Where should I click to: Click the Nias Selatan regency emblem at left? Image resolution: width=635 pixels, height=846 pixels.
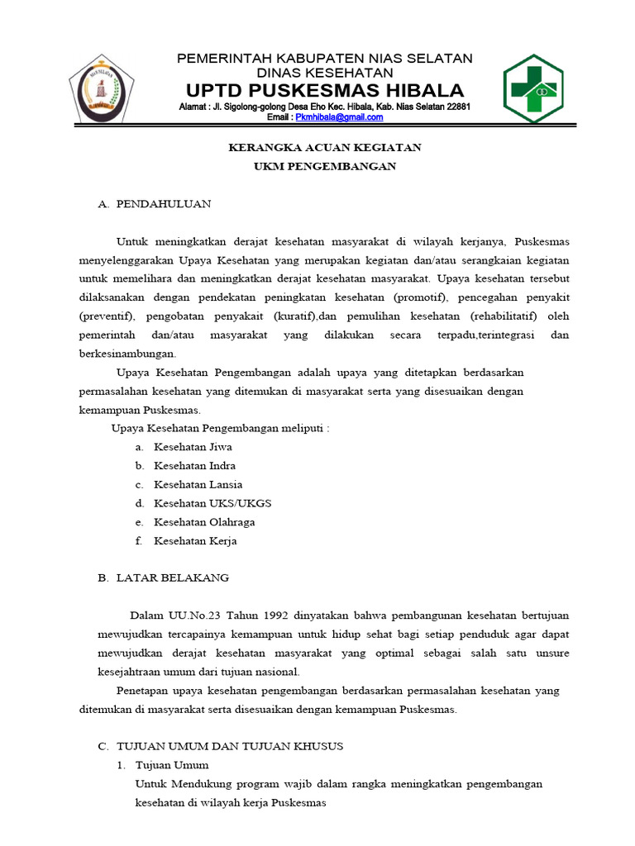[101, 88]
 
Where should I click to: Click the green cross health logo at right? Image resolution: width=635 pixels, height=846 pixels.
[533, 88]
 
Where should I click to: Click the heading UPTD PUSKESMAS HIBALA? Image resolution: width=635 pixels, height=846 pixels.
[325, 89]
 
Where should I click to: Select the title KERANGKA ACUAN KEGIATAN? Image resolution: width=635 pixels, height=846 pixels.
[325, 147]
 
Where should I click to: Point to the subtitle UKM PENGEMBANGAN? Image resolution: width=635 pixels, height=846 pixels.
[325, 166]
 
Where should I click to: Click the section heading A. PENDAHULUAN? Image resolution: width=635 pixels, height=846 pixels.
[155, 203]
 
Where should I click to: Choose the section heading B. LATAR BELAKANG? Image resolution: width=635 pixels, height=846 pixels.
[163, 577]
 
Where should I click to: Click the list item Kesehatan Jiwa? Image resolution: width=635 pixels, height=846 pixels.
[193, 447]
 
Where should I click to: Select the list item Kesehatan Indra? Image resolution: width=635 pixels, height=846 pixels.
[194, 466]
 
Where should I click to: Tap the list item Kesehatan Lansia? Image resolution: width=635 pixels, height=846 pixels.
[198, 485]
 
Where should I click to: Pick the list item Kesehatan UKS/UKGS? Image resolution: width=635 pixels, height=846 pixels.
[212, 503]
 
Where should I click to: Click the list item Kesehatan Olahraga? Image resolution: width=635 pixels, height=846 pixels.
[204, 522]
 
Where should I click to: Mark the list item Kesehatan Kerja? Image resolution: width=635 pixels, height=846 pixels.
[195, 541]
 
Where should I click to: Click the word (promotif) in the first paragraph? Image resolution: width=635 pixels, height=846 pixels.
[420, 297]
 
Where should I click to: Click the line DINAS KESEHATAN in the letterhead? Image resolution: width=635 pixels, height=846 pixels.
[325, 74]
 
